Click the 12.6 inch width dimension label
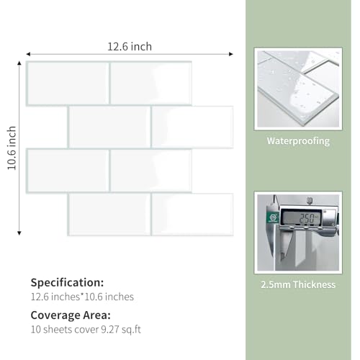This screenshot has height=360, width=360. (x=130, y=47)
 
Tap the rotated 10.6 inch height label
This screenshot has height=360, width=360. (x=12, y=148)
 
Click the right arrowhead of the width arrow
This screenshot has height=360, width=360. (x=231, y=54)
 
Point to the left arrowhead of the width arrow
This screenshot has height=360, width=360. (x=28, y=54)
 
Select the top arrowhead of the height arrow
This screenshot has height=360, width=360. (x=19, y=63)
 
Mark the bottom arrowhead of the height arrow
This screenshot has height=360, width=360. (x=19, y=233)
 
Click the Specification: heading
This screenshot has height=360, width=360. (x=67, y=283)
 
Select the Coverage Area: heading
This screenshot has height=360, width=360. (x=71, y=315)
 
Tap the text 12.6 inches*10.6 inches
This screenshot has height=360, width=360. (x=82, y=297)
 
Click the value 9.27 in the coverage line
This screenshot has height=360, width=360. (x=110, y=330)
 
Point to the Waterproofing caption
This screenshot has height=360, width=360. (x=298, y=141)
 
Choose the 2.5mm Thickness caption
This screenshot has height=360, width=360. (x=298, y=284)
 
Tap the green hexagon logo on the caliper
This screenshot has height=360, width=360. (x=273, y=217)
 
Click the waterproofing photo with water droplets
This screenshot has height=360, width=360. (x=298, y=89)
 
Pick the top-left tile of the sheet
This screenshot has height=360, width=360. (x=68, y=84)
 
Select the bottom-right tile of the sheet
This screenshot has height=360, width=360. (x=192, y=215)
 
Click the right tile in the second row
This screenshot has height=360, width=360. (x=192, y=127)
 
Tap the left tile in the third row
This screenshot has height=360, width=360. (x=68, y=171)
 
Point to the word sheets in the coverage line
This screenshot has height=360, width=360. (x=58, y=330)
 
